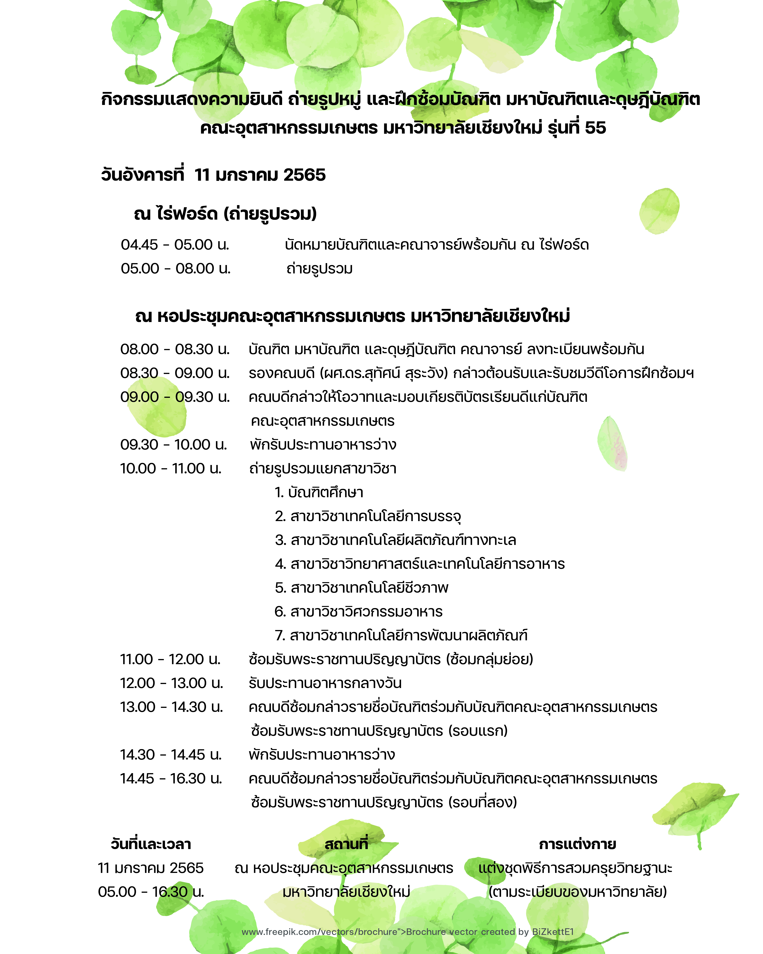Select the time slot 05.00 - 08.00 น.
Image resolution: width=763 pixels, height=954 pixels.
pos(176,269)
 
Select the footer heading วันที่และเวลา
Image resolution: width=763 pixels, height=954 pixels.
pos(151,844)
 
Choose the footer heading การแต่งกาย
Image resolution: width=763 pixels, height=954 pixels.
pos(577,844)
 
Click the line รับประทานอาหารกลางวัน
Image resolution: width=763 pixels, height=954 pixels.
pos(325,683)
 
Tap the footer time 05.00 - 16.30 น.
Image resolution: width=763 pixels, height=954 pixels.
pos(151,892)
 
